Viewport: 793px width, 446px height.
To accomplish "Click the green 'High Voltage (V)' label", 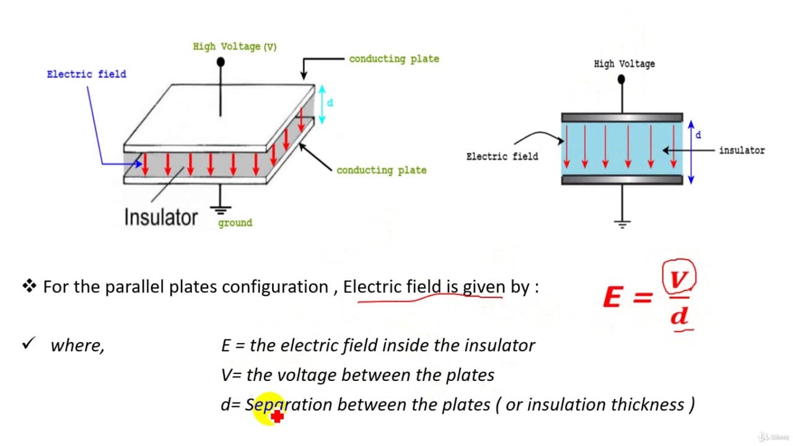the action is coord(235,46).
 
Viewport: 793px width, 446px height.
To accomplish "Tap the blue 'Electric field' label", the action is coord(86,74).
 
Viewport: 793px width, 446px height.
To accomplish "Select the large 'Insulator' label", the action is coord(160,217).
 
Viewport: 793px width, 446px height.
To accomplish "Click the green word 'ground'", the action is coord(235,223).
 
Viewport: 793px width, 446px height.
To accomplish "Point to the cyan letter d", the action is coord(330,103).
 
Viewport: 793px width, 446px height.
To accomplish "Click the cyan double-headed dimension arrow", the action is coord(322,105).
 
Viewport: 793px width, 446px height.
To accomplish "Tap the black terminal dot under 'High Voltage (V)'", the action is coord(221,63).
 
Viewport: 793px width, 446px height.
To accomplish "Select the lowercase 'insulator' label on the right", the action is coord(742,151).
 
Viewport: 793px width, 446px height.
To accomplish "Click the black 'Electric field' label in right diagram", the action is coord(502,157).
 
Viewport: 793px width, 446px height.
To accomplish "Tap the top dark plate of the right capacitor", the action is coord(622,118).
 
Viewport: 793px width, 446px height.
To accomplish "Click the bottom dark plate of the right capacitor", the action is coord(622,180).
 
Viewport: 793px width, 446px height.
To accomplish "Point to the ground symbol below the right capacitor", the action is coord(622,224).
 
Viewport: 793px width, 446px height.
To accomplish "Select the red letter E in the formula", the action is coord(613,297).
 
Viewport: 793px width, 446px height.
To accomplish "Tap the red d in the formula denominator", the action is coord(680,315).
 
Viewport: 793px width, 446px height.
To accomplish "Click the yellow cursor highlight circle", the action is coord(268,408).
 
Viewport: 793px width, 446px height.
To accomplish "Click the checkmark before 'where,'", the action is coord(28,343).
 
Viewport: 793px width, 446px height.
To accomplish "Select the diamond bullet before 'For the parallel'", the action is coord(29,286).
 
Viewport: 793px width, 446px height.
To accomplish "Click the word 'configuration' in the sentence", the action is coord(275,287).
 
